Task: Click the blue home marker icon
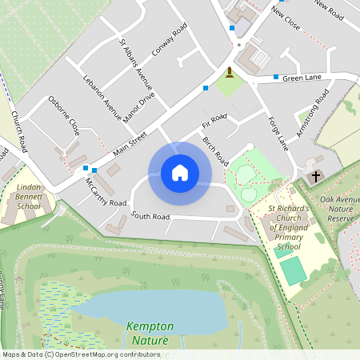(x=180, y=172)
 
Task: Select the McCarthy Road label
(x=106, y=192)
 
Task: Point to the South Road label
(x=150, y=216)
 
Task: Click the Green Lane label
(x=302, y=78)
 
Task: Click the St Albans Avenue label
(x=135, y=64)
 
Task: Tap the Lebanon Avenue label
(x=102, y=97)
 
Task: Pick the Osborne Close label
(x=65, y=114)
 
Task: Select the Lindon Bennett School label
(x=29, y=196)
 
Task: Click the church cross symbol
(x=315, y=175)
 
